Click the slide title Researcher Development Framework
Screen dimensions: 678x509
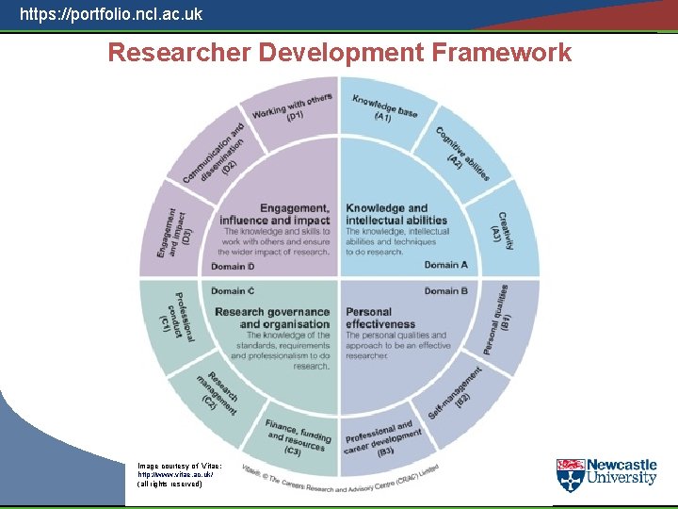click(339, 53)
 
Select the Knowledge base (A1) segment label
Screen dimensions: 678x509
click(384, 109)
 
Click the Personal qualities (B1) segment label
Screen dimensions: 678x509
click(499, 320)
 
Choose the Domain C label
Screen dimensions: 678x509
click(233, 291)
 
